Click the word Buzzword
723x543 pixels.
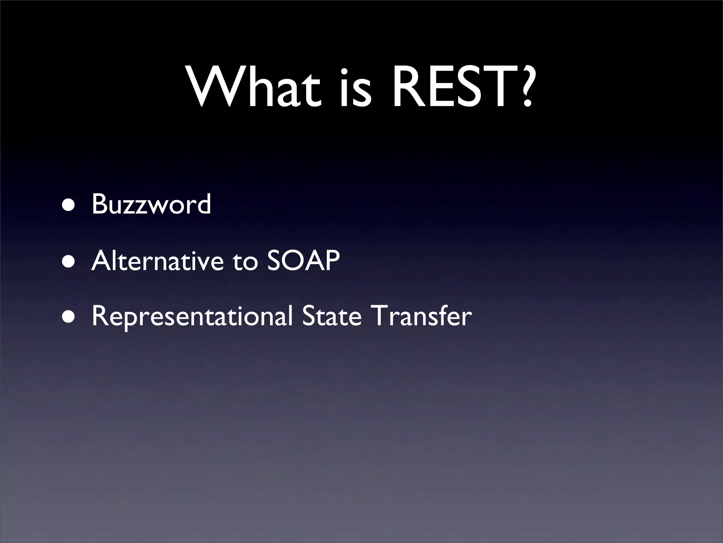click(151, 204)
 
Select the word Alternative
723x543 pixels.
click(157, 261)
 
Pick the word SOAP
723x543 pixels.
click(303, 261)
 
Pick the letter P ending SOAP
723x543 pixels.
click(331, 261)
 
